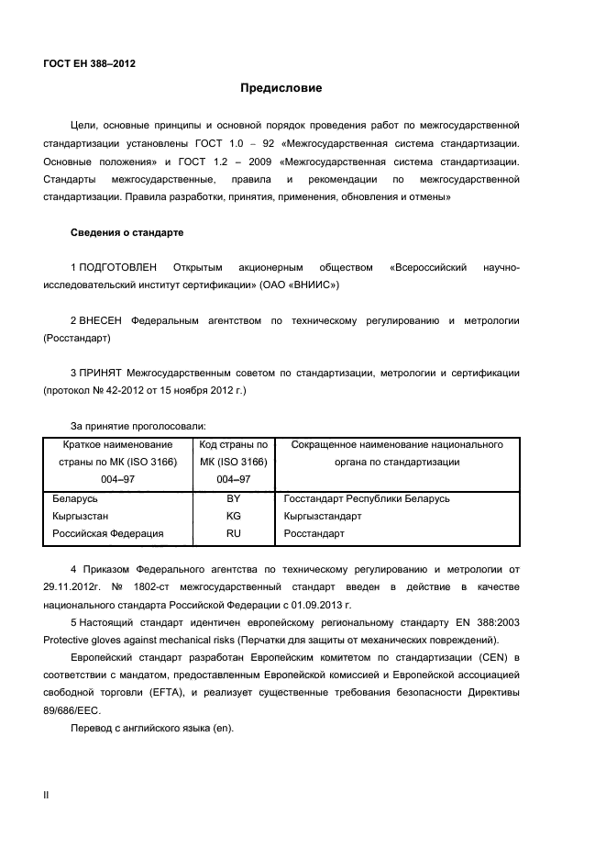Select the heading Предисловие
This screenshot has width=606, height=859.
(x=281, y=89)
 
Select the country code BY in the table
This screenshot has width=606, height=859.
(x=233, y=498)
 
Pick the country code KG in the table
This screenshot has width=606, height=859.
(x=233, y=516)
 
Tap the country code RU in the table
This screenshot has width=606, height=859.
(x=233, y=532)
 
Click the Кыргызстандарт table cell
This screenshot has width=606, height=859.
(x=323, y=516)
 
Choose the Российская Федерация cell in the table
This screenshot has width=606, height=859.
(x=107, y=532)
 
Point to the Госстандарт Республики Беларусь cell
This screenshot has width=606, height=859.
(x=367, y=498)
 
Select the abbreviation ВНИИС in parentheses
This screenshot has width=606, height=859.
(x=313, y=285)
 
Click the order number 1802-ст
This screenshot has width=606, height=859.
(x=136, y=587)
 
